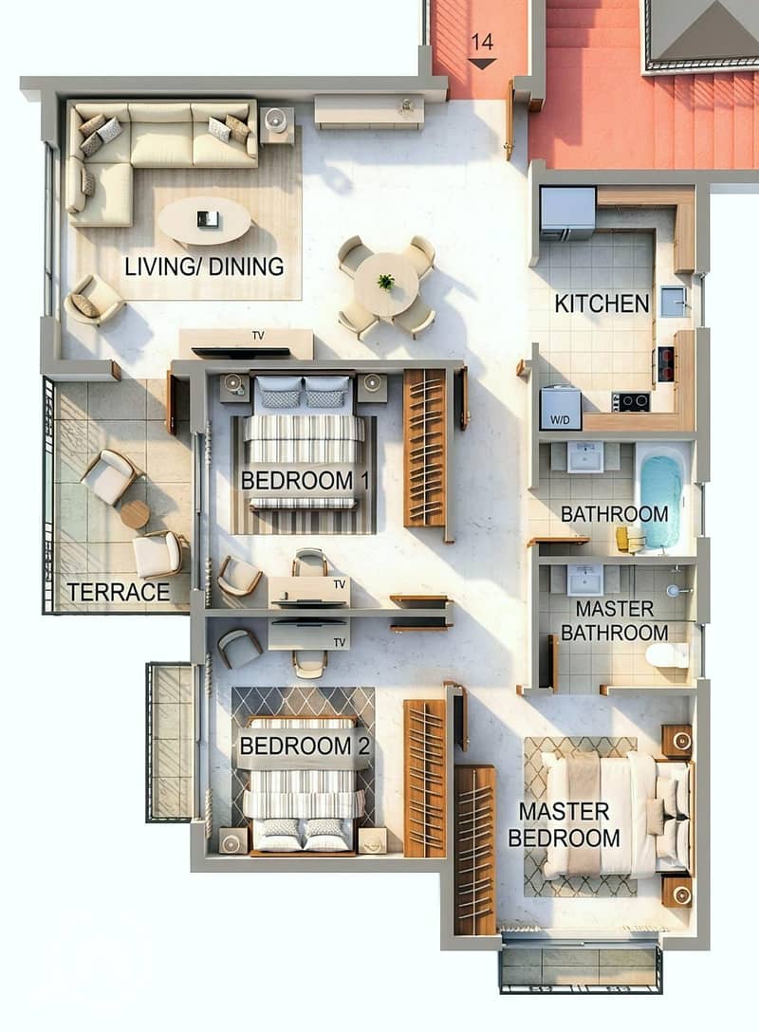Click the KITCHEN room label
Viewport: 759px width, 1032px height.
[602, 304]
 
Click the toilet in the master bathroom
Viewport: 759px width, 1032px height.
[666, 656]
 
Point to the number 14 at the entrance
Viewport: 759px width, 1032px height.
[482, 42]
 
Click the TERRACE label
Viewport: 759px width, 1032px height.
[119, 592]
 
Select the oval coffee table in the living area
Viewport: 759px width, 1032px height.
[204, 221]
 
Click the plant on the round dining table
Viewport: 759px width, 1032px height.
[386, 283]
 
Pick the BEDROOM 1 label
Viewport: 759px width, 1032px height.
[305, 481]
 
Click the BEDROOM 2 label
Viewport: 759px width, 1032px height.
[305, 746]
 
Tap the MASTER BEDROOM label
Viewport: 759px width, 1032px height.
[565, 824]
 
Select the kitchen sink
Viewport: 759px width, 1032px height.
[674, 302]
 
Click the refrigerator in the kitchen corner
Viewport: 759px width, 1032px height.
[567, 213]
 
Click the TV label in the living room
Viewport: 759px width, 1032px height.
[258, 336]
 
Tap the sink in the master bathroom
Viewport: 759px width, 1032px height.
[585, 580]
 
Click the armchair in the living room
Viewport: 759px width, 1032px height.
[94, 300]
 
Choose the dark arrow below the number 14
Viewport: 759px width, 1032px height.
[483, 64]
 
